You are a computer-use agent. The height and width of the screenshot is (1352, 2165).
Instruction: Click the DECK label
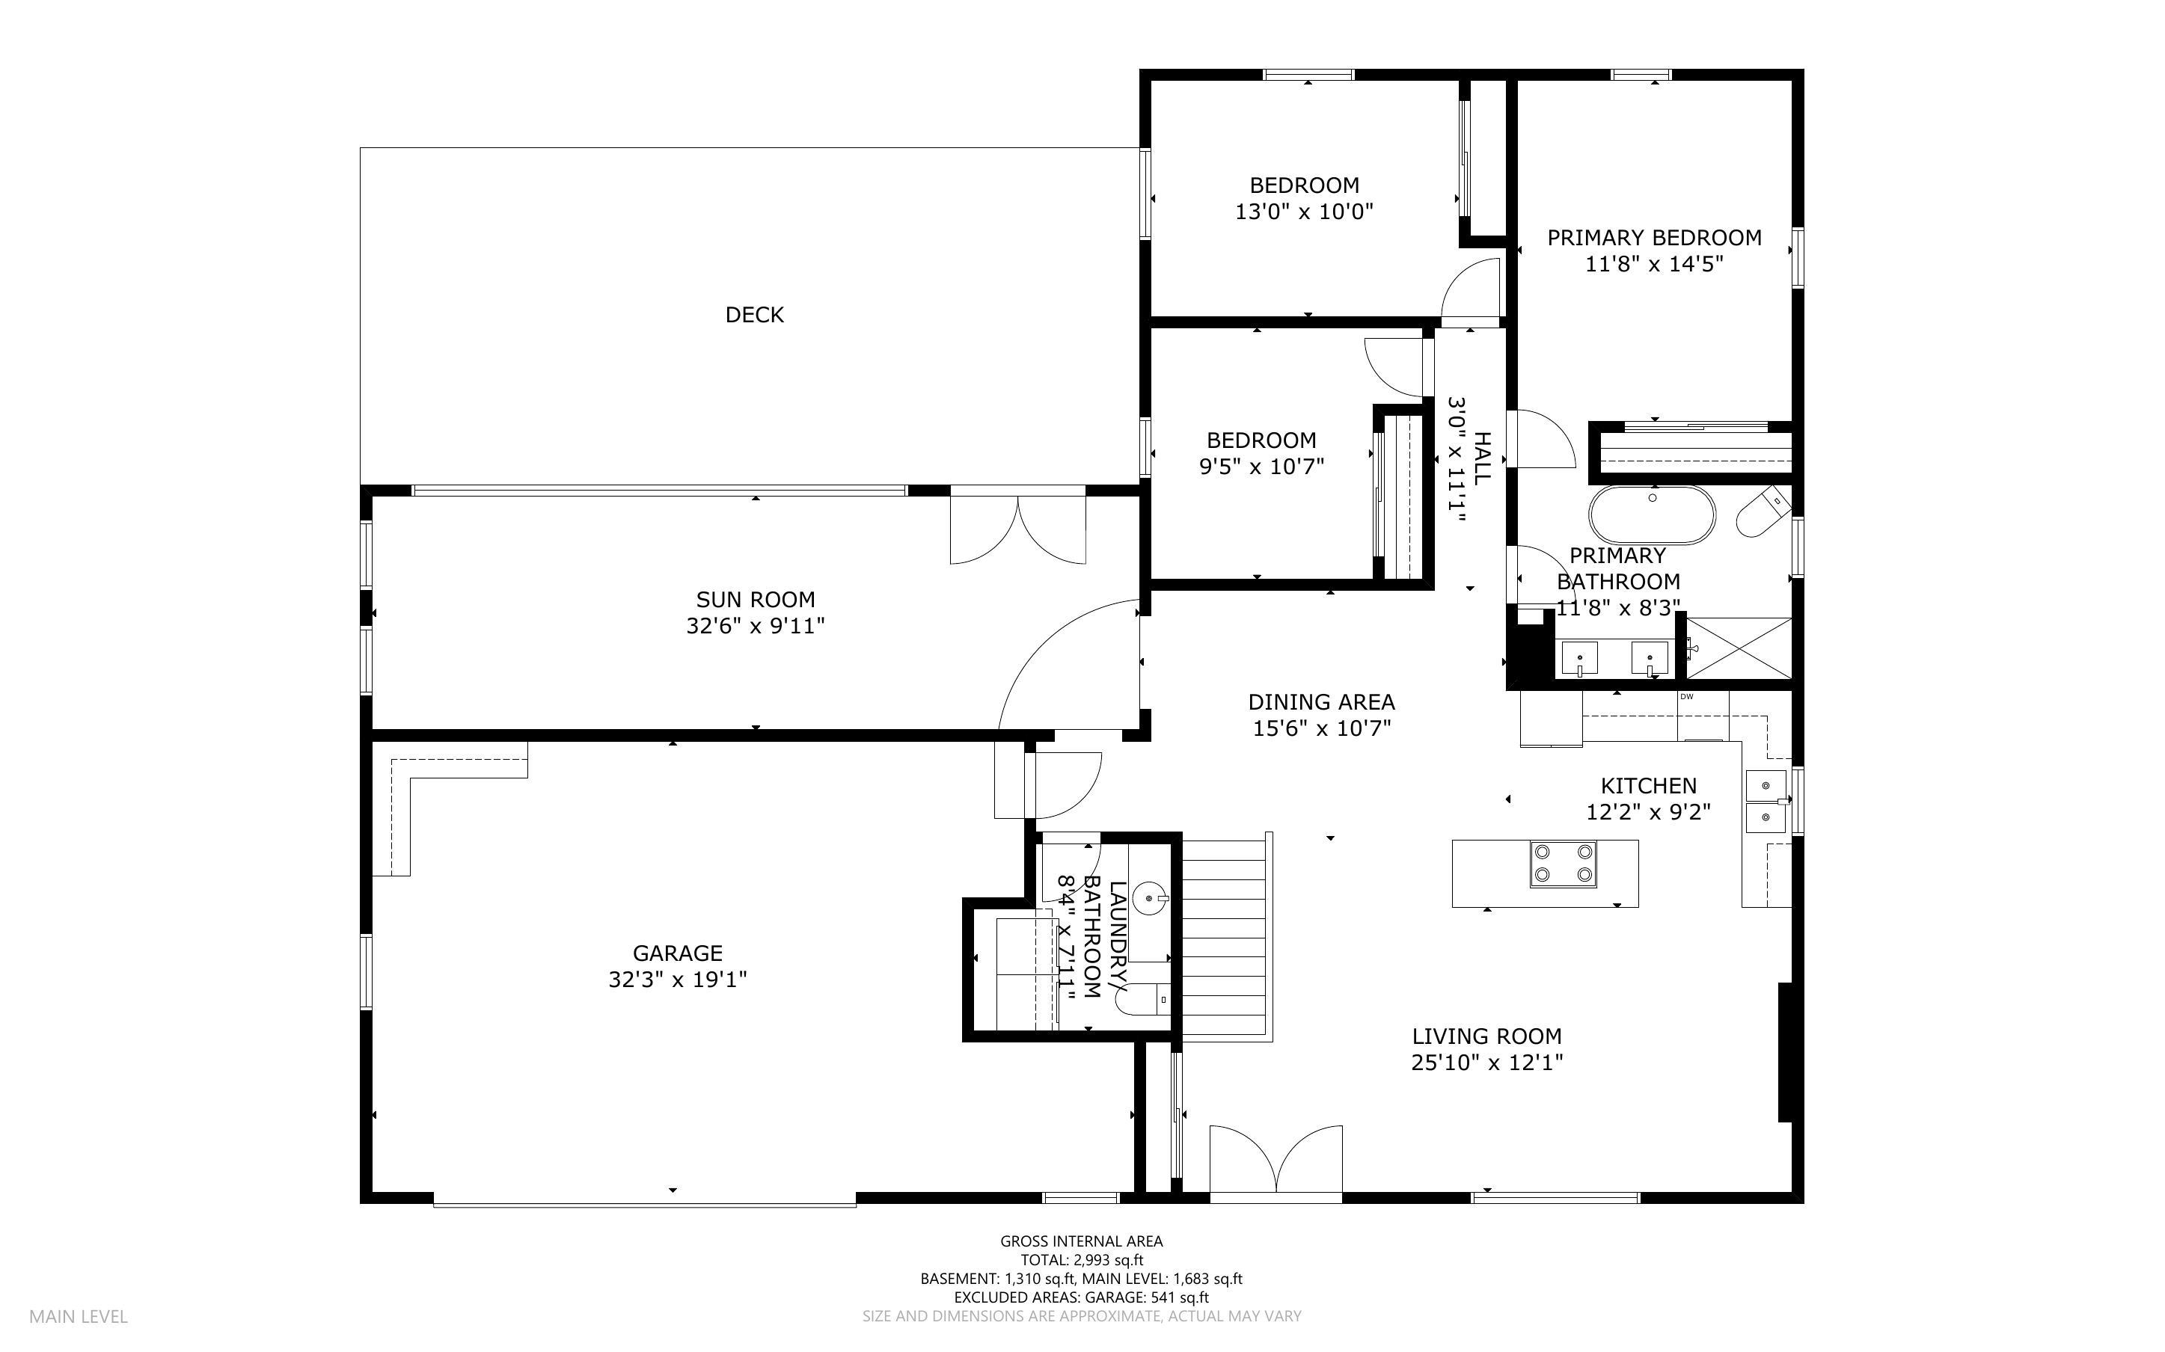tap(754, 315)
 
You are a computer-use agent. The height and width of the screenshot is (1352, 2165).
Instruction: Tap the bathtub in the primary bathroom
tap(1652, 515)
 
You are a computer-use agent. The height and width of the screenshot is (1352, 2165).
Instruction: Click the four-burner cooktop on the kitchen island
tap(1562, 864)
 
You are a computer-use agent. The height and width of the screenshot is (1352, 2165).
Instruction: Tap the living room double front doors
tap(1276, 1160)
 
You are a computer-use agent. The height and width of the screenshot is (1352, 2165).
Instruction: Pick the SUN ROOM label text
tap(755, 599)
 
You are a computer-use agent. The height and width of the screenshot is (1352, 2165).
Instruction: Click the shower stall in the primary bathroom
tap(1739, 648)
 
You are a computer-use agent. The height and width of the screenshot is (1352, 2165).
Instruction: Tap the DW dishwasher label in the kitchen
tap(1686, 697)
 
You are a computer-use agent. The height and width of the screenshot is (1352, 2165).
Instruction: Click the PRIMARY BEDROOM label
tap(1653, 238)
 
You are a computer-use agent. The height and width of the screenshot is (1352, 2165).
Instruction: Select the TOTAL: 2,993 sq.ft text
tap(1081, 1260)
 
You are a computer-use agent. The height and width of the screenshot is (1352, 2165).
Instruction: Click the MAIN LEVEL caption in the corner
tap(79, 1316)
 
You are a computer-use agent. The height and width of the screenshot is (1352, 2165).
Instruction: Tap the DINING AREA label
tap(1321, 702)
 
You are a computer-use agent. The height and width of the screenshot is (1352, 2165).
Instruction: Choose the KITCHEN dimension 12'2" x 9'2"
tap(1647, 812)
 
